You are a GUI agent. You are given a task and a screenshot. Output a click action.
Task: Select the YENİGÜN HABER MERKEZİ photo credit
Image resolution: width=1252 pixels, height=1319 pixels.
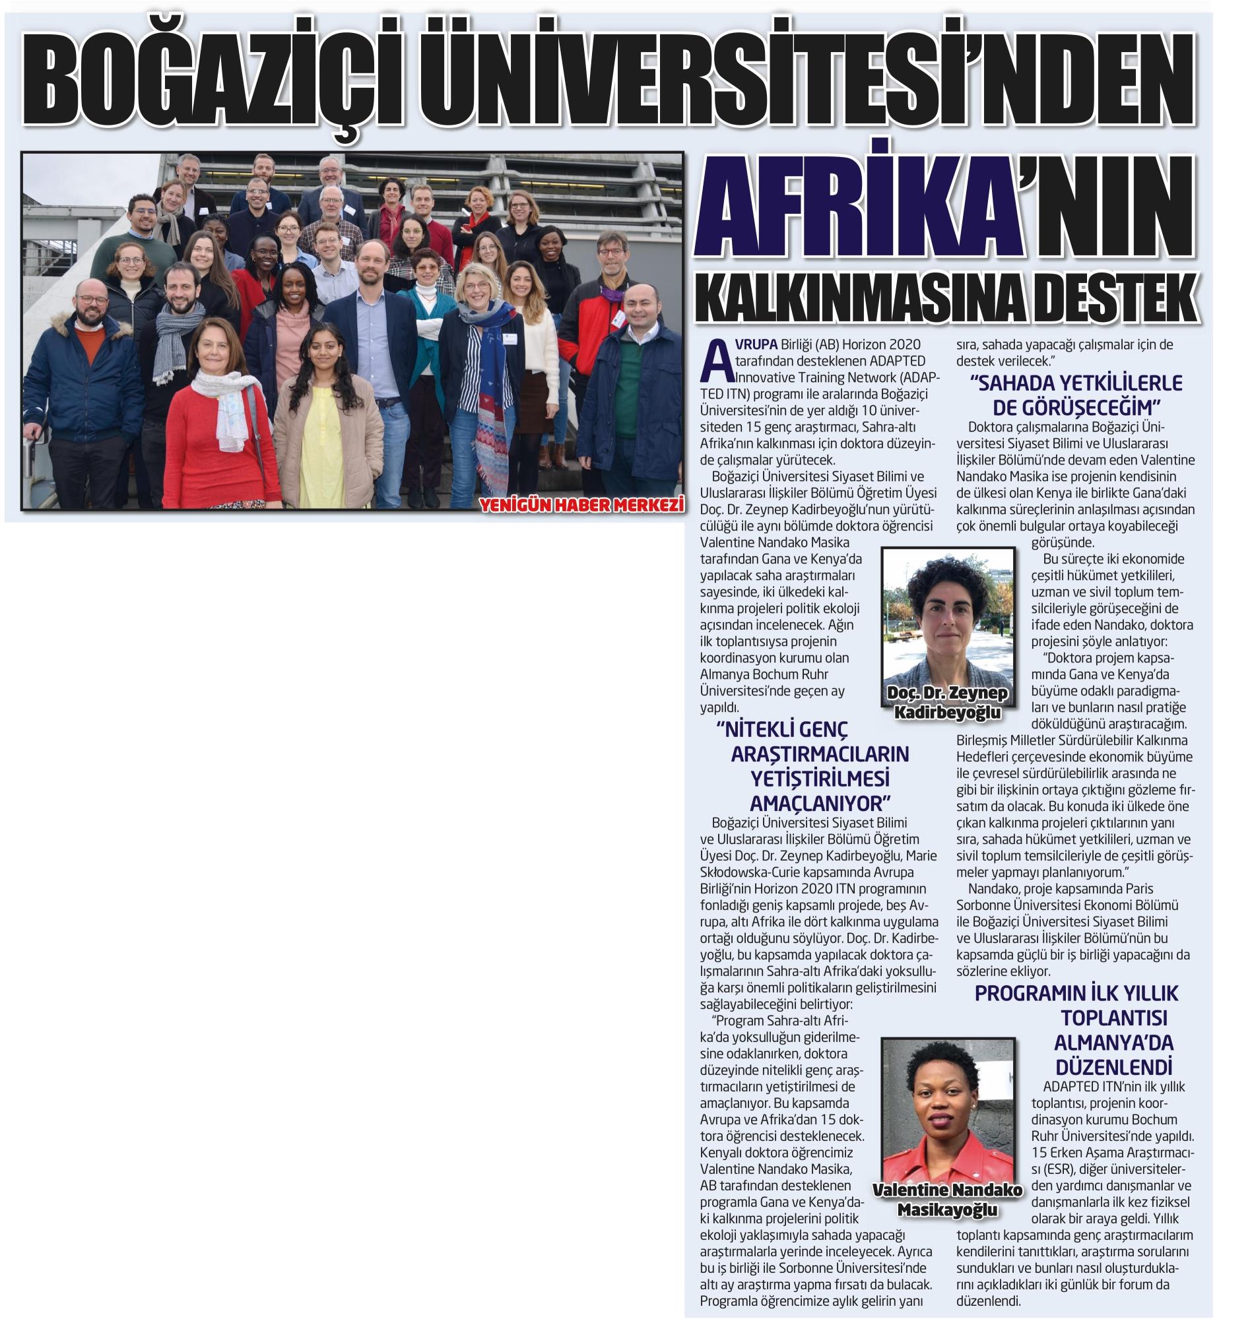(x=581, y=505)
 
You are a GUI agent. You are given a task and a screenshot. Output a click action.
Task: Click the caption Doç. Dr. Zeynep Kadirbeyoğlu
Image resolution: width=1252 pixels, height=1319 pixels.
(x=948, y=703)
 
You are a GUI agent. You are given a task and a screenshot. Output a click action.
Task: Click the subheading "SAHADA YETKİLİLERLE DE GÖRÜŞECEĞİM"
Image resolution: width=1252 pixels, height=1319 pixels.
(x=1076, y=395)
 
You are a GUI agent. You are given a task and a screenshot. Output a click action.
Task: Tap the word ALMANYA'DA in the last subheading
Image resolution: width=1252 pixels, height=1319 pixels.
(x=1113, y=1042)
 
